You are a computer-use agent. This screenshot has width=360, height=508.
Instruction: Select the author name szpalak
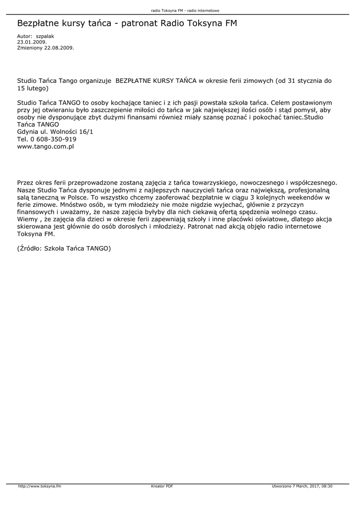(45, 37)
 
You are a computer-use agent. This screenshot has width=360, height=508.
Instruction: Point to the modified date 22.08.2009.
(60, 48)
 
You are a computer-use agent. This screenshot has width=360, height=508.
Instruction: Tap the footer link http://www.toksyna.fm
(40, 486)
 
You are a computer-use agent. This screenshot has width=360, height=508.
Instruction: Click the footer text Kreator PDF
(162, 486)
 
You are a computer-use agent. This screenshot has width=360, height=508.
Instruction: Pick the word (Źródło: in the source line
(29, 248)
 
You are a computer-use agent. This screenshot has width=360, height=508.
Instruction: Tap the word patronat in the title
(144, 23)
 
